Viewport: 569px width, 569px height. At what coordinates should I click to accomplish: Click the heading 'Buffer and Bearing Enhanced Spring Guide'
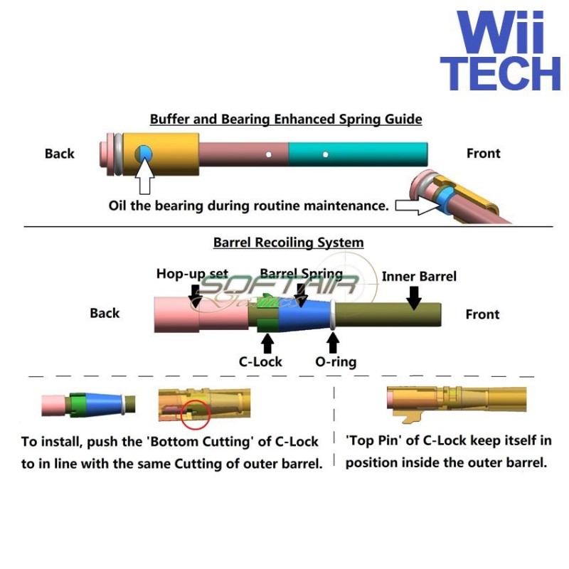tap(286, 119)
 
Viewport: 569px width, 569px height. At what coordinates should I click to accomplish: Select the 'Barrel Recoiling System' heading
tap(288, 243)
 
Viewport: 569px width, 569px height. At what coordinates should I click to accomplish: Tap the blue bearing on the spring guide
tap(144, 152)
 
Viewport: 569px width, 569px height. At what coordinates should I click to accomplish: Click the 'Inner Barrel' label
tap(419, 276)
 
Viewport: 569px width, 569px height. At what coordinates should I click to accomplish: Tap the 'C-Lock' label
tap(260, 361)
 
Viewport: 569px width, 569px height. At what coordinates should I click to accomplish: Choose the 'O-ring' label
tap(336, 361)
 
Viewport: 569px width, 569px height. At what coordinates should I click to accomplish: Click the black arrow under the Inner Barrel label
tap(413, 298)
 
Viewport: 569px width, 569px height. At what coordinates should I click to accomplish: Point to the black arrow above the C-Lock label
tap(267, 343)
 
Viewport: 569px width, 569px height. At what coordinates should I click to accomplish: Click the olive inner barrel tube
tap(388, 314)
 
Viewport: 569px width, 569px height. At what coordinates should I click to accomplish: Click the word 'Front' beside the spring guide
tap(483, 153)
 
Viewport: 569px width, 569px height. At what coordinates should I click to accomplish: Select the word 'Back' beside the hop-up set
tap(105, 313)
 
